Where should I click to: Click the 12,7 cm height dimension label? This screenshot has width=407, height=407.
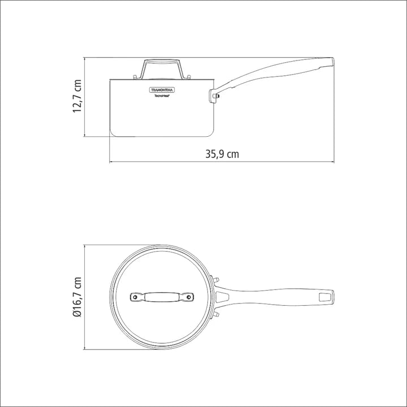coord(78,97)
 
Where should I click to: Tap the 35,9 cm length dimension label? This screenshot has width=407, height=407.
coord(221,154)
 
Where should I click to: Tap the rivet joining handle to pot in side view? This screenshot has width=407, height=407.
coord(215,96)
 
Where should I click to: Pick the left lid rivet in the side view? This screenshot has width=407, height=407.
coord(133,77)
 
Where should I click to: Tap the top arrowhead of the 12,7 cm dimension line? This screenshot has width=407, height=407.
coord(84,59)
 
